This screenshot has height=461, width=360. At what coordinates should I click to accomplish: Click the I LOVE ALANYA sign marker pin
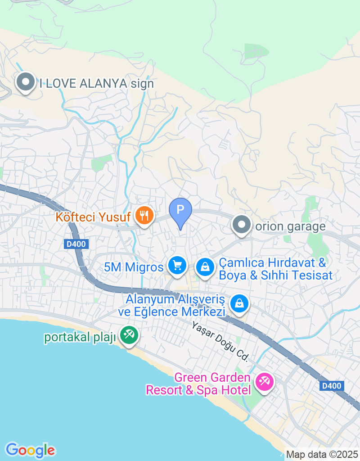click(26, 82)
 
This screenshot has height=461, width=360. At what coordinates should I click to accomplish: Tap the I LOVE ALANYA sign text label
click(97, 83)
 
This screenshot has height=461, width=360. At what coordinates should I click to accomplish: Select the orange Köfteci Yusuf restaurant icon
click(144, 215)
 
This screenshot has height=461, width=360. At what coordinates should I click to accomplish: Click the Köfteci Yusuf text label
click(93, 217)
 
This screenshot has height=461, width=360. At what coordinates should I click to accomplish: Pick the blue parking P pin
click(180, 211)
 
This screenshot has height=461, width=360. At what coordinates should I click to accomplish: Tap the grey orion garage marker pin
click(242, 224)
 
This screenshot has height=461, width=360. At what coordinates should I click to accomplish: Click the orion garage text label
click(290, 226)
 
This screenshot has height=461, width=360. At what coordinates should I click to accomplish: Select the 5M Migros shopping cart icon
click(177, 265)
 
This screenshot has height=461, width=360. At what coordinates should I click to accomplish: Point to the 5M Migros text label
click(134, 267)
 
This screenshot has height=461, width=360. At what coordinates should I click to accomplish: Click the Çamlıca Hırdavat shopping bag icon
click(205, 267)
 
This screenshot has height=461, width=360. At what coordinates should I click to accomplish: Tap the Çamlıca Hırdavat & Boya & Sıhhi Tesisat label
click(275, 269)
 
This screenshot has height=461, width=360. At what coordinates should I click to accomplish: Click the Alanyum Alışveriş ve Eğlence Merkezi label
click(175, 305)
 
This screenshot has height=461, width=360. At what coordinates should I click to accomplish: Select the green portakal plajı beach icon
click(129, 335)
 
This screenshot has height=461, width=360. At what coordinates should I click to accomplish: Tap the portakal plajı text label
click(80, 338)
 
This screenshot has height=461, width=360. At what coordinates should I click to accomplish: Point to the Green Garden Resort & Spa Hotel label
click(198, 384)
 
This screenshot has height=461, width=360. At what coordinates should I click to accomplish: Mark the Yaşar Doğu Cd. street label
click(220, 342)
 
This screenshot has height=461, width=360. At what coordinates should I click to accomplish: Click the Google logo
click(30, 450)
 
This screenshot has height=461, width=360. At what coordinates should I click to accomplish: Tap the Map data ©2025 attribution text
click(322, 455)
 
